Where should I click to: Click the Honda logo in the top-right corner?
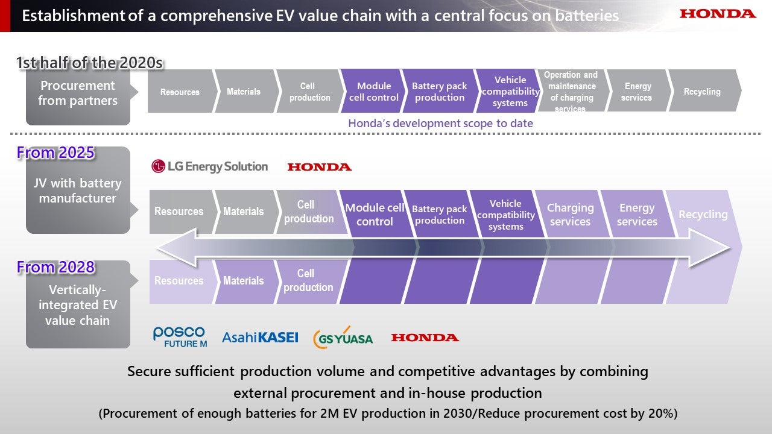click(x=718, y=14)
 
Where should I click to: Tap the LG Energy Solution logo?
click(x=209, y=166)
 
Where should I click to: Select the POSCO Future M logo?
click(x=179, y=337)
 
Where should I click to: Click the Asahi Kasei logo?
click(x=260, y=338)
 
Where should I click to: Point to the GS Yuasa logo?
click(x=343, y=338)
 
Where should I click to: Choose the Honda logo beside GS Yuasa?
click(x=425, y=338)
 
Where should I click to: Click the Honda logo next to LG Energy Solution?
click(x=320, y=167)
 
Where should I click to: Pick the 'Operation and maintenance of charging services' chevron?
click(x=571, y=92)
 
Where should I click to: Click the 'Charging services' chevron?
click(x=570, y=215)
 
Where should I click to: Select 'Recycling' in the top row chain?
click(x=702, y=92)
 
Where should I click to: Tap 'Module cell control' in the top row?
click(x=374, y=92)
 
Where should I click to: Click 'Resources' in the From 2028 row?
click(x=179, y=281)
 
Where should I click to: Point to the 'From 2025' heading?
click(x=55, y=153)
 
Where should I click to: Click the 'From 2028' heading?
click(x=55, y=266)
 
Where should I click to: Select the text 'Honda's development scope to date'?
click(x=440, y=123)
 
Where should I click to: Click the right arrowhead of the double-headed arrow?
click(x=712, y=247)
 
